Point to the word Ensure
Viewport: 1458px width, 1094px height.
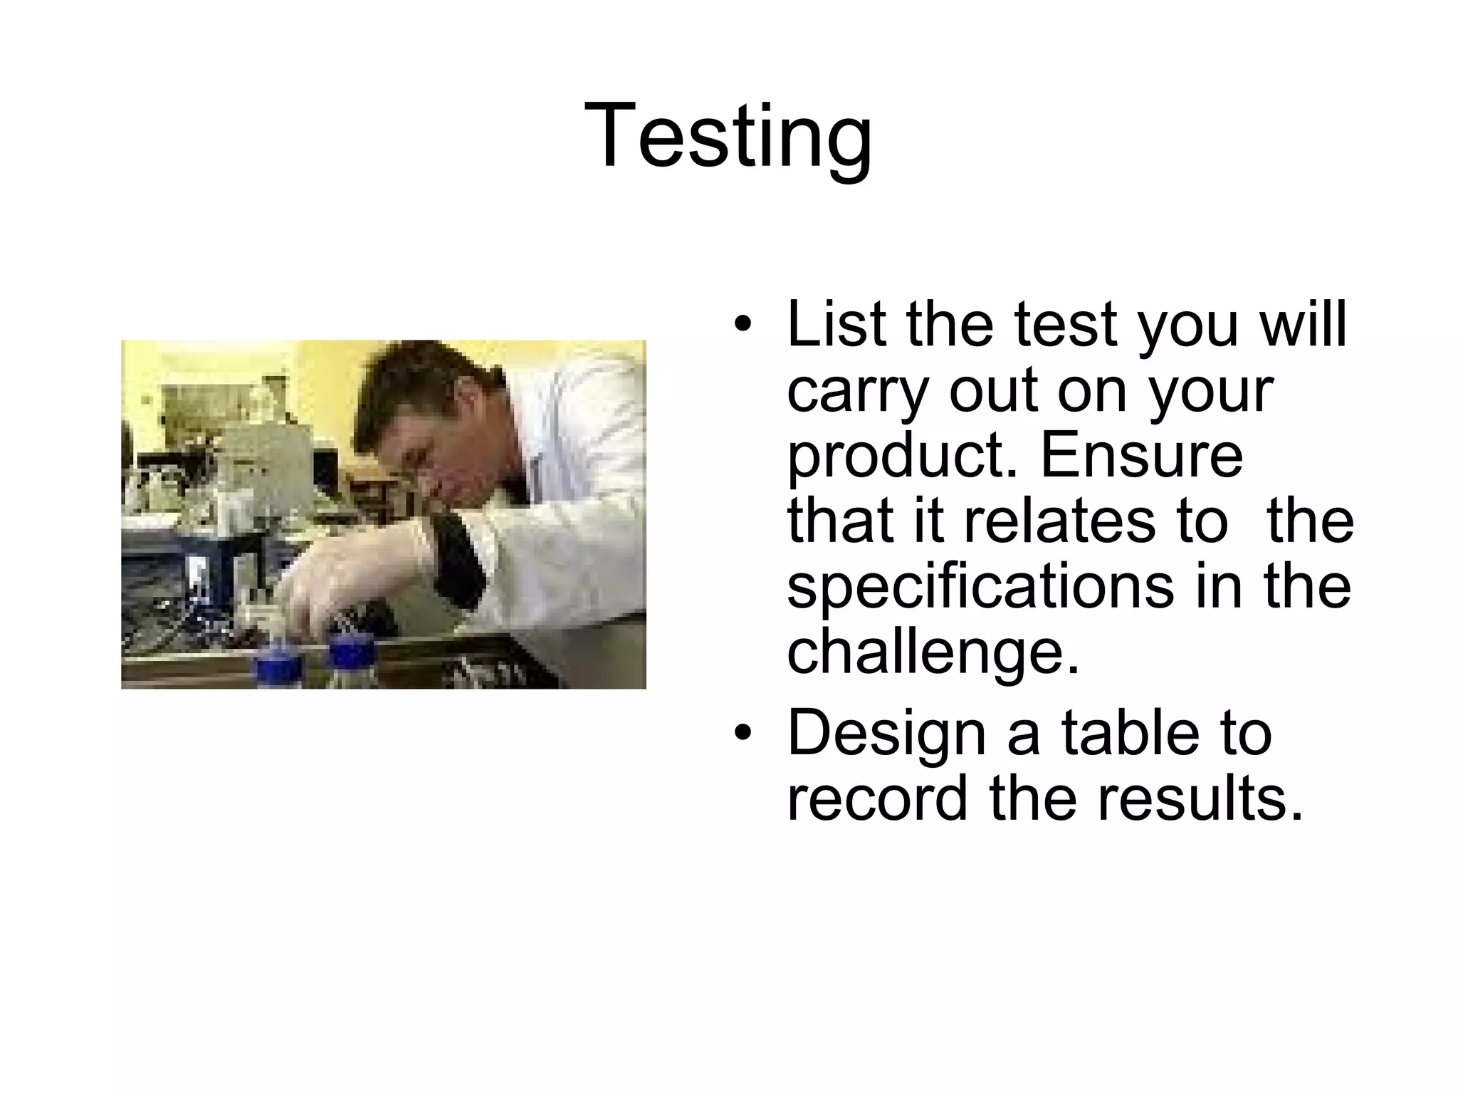click(1141, 456)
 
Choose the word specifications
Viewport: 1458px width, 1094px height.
click(980, 588)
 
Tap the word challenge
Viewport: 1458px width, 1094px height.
click(933, 652)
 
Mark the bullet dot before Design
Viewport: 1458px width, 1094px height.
click(743, 734)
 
